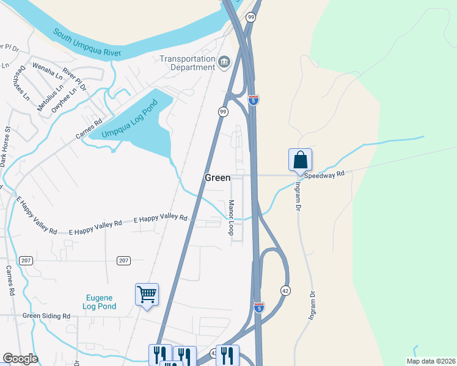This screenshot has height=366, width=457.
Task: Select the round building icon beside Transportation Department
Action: pyautogui.click(x=224, y=62)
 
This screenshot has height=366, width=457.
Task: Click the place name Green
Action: pyautogui.click(x=218, y=178)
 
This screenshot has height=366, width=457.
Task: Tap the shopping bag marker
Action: pyautogui.click(x=300, y=160)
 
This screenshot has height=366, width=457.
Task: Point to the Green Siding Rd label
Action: pyautogui.click(x=46, y=316)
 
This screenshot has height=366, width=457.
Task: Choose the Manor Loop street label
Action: pyautogui.click(x=231, y=217)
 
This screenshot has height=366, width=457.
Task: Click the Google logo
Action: pyautogui.click(x=20, y=359)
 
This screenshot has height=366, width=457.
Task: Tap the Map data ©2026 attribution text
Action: pyautogui.click(x=431, y=361)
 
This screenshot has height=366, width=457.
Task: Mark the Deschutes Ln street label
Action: pyautogui.click(x=20, y=82)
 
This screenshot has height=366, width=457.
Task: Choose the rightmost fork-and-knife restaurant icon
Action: pyautogui.click(x=227, y=354)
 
